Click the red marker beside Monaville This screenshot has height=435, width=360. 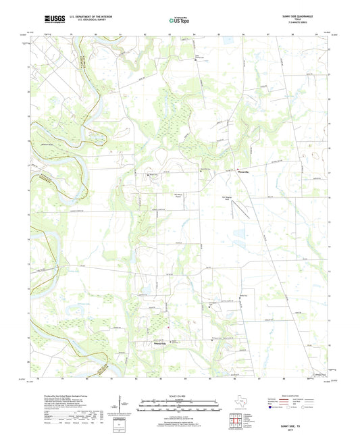(x=237, y=168)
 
